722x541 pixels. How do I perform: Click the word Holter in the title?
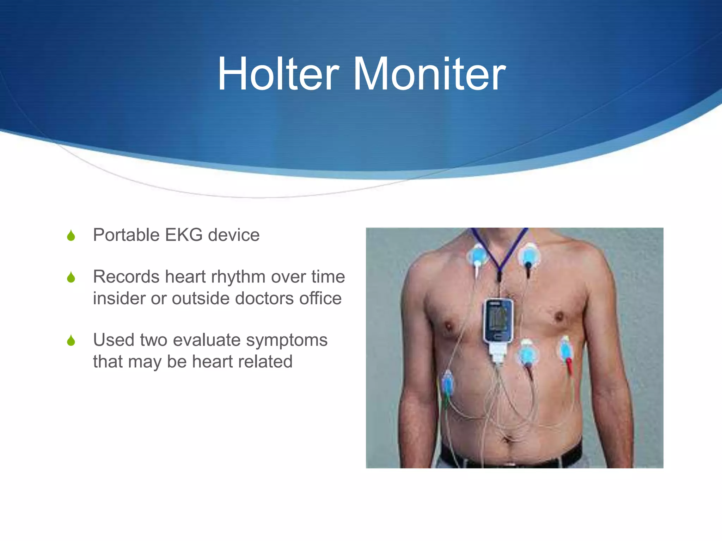point(278,74)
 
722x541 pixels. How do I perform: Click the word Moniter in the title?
point(429,74)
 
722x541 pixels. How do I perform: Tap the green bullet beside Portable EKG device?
point(71,236)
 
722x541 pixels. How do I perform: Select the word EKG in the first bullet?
point(184,235)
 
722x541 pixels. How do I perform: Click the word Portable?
point(126,235)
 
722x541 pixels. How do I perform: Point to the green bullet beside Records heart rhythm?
point(71,278)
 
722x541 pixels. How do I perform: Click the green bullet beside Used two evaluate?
point(71,341)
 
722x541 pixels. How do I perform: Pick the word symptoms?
point(287,341)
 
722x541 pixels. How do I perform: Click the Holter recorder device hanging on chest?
point(498,320)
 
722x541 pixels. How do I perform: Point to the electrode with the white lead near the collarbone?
point(478,255)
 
